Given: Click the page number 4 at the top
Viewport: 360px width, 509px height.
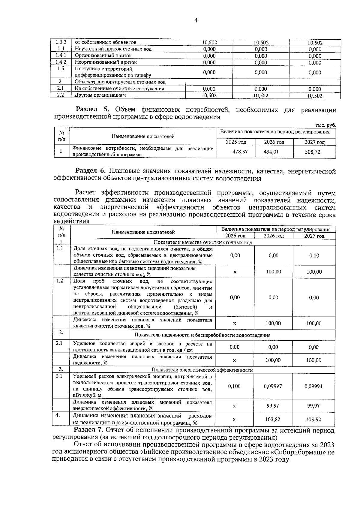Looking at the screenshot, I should click(x=196, y=20).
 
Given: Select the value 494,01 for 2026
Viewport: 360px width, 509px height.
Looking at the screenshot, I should click(x=271, y=152).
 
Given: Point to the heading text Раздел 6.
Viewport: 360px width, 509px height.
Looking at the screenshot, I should click(x=90, y=171).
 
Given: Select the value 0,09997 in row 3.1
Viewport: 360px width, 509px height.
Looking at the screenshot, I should click(x=273, y=386).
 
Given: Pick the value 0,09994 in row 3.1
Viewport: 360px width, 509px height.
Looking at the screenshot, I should click(x=313, y=386).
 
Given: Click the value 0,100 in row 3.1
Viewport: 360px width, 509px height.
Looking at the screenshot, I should click(x=234, y=386).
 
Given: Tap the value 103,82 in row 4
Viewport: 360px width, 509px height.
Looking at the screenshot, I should click(x=273, y=420).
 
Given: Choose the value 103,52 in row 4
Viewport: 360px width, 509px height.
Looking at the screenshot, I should click(x=313, y=420).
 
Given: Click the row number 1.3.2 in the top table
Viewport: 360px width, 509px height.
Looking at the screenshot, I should click(x=61, y=42).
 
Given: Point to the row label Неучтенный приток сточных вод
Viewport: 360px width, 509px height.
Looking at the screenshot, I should click(x=113, y=49).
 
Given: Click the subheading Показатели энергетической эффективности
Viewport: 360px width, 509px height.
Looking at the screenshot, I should click(x=202, y=370).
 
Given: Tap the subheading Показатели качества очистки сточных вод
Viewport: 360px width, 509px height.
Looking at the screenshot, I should click(x=203, y=242).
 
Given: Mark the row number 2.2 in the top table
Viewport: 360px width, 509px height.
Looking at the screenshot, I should click(x=61, y=95).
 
